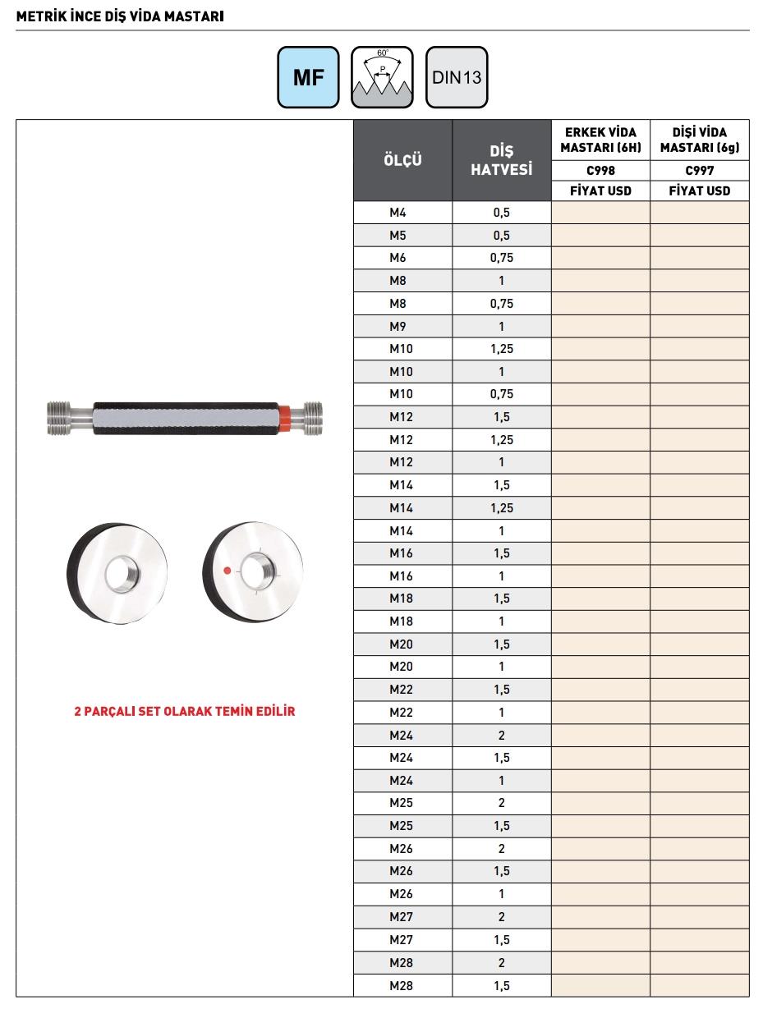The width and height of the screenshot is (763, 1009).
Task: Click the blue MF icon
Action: (x=308, y=77)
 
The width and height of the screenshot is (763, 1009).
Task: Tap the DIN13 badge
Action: (x=457, y=77)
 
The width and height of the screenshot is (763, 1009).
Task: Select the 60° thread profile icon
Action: (x=383, y=77)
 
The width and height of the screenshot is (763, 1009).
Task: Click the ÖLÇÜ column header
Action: (x=402, y=160)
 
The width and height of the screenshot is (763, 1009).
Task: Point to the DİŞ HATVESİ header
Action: (x=501, y=160)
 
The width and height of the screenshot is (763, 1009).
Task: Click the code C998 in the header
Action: (x=600, y=171)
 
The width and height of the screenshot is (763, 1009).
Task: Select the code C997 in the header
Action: (x=700, y=171)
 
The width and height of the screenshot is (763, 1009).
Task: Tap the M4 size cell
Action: (x=398, y=213)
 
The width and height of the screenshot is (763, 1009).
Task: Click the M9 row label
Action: (x=398, y=326)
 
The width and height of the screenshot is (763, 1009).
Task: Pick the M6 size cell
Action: (x=398, y=258)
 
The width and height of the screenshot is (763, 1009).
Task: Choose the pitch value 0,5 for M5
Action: (x=501, y=236)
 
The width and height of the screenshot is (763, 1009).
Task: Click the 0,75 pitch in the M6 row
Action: (x=501, y=258)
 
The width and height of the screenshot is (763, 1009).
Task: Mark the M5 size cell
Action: (x=398, y=236)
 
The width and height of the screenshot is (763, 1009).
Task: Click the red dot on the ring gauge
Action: (x=228, y=570)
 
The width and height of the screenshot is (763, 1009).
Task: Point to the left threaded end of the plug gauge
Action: (x=60, y=417)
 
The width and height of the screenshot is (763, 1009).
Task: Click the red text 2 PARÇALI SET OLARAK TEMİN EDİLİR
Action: (x=184, y=711)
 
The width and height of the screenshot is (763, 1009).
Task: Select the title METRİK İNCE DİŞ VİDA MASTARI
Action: (x=120, y=16)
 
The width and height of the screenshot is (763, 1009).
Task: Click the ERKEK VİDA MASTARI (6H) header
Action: (x=600, y=140)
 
